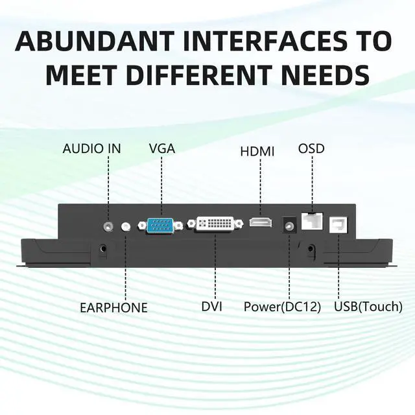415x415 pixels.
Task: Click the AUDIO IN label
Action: pos(91,148)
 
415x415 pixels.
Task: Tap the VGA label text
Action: pos(162,148)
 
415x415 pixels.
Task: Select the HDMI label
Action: pos(257,151)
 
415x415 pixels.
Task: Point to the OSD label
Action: pos(311,148)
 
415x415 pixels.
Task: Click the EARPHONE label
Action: pos(113,307)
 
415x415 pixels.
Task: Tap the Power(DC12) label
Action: pos(283,307)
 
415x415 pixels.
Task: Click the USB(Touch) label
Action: pos(367,307)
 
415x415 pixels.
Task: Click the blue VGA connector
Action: pos(160,226)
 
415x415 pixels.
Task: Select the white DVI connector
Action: pos(215,224)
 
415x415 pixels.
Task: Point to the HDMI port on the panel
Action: pos(259,222)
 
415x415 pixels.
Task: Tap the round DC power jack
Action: pos(289,226)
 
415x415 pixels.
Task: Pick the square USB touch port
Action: pos(338,224)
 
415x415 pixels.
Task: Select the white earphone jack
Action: pos(126,227)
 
